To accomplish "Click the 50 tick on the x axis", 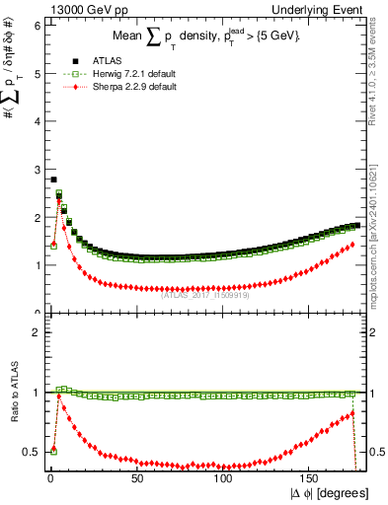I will click(136, 478).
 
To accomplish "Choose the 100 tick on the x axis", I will click(223, 478).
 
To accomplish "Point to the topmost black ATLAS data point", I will click(53, 180).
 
